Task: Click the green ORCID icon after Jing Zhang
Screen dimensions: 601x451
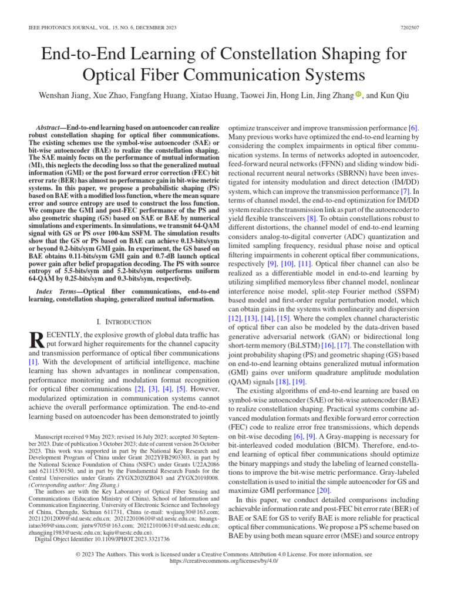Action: point(358,94)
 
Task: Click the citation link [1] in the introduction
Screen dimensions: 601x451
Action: point(33,363)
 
